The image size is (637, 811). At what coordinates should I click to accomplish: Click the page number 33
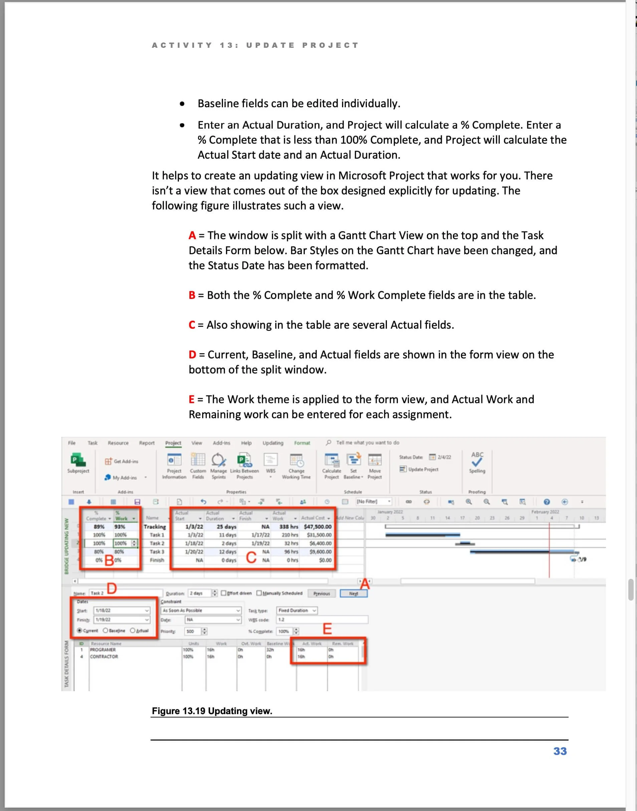pos(560,751)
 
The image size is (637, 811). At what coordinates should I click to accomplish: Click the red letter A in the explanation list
pos(192,235)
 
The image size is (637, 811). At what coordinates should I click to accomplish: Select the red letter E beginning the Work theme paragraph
pos(191,399)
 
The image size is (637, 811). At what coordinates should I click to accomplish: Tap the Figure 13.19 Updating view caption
pos(212,711)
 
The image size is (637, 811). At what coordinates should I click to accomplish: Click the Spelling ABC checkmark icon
pos(477,459)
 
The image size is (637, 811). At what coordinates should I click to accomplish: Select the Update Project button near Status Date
pos(419,469)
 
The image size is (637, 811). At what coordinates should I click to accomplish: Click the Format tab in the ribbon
pos(302,443)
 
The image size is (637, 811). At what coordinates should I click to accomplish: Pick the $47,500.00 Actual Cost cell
pos(317,526)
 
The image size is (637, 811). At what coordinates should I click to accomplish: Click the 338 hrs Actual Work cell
pos(289,526)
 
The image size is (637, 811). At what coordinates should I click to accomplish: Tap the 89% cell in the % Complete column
pos(99,526)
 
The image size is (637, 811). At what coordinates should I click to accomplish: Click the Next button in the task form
pos(354,594)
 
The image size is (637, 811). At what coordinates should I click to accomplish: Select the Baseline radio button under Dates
pos(105,630)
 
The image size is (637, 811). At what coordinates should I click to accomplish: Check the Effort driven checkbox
pos(224,593)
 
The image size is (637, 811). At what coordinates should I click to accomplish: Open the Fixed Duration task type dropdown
pos(314,610)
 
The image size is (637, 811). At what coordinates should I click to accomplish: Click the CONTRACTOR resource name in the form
pos(104,657)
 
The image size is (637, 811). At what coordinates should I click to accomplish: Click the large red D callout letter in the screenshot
pos(112,588)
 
